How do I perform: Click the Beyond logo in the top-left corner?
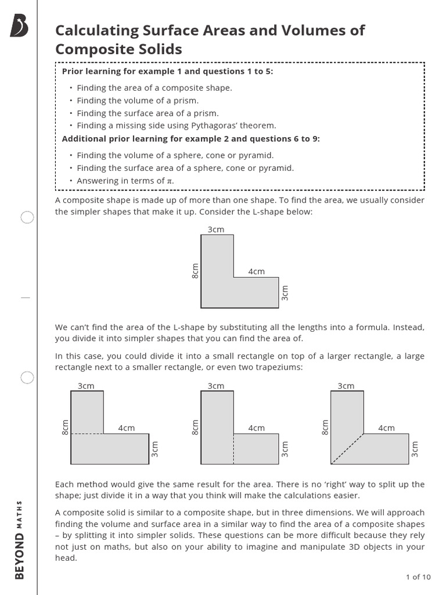coord(19,26)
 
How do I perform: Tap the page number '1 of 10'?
coord(418,577)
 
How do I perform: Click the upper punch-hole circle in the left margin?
coord(27,218)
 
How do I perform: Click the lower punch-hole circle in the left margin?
coord(27,378)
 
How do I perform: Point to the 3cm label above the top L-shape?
coord(216,230)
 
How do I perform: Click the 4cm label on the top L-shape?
coord(256,271)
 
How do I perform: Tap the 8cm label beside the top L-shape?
coord(195,271)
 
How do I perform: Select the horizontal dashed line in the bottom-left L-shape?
coord(87,433)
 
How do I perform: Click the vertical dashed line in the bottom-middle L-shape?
coord(234,449)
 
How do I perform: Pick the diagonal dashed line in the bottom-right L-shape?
coord(347,449)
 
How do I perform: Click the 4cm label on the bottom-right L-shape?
coord(386,428)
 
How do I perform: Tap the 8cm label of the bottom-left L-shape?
coord(65,427)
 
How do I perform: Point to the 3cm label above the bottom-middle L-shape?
coord(216,386)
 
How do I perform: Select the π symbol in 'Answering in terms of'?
coord(170,181)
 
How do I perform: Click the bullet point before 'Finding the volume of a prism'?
coord(71,101)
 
